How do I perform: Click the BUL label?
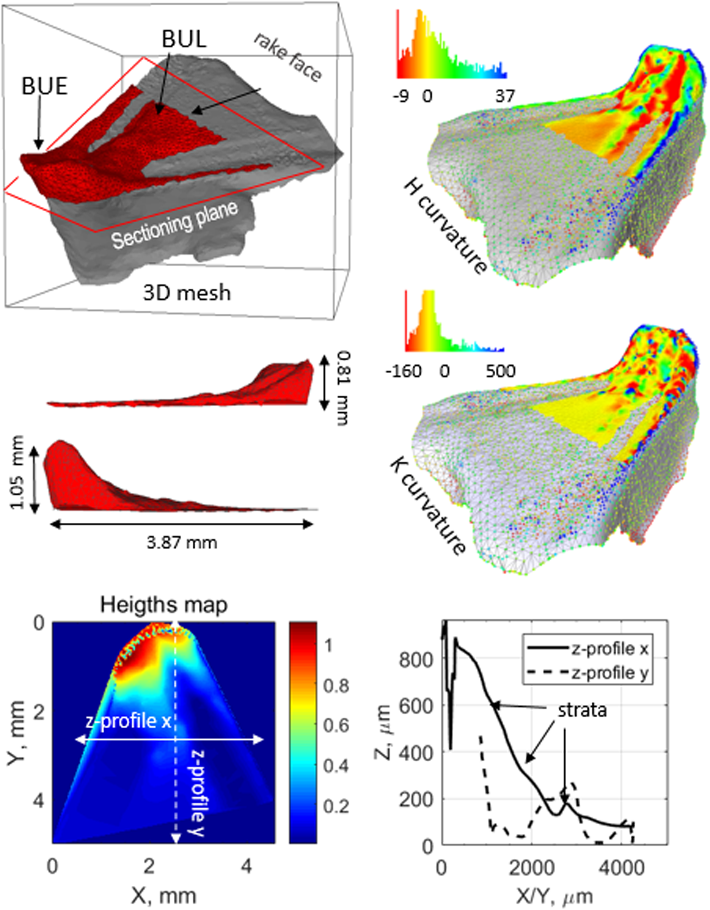point(184,39)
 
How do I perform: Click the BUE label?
point(44,86)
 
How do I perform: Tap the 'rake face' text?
point(288,57)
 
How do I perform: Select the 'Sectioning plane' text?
point(174,224)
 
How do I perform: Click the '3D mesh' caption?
point(186,293)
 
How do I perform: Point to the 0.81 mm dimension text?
point(343,387)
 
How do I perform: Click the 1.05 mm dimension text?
point(17,472)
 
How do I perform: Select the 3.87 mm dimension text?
point(182,542)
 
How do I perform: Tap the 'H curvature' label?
point(445,226)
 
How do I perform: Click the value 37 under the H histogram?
point(505,97)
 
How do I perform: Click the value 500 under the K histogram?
point(500,371)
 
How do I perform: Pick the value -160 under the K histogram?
point(403,371)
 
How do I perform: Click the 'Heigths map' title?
point(164,605)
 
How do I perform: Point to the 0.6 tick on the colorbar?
point(336,726)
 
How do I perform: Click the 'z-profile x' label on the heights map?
point(128,721)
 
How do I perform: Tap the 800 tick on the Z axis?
point(416,659)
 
